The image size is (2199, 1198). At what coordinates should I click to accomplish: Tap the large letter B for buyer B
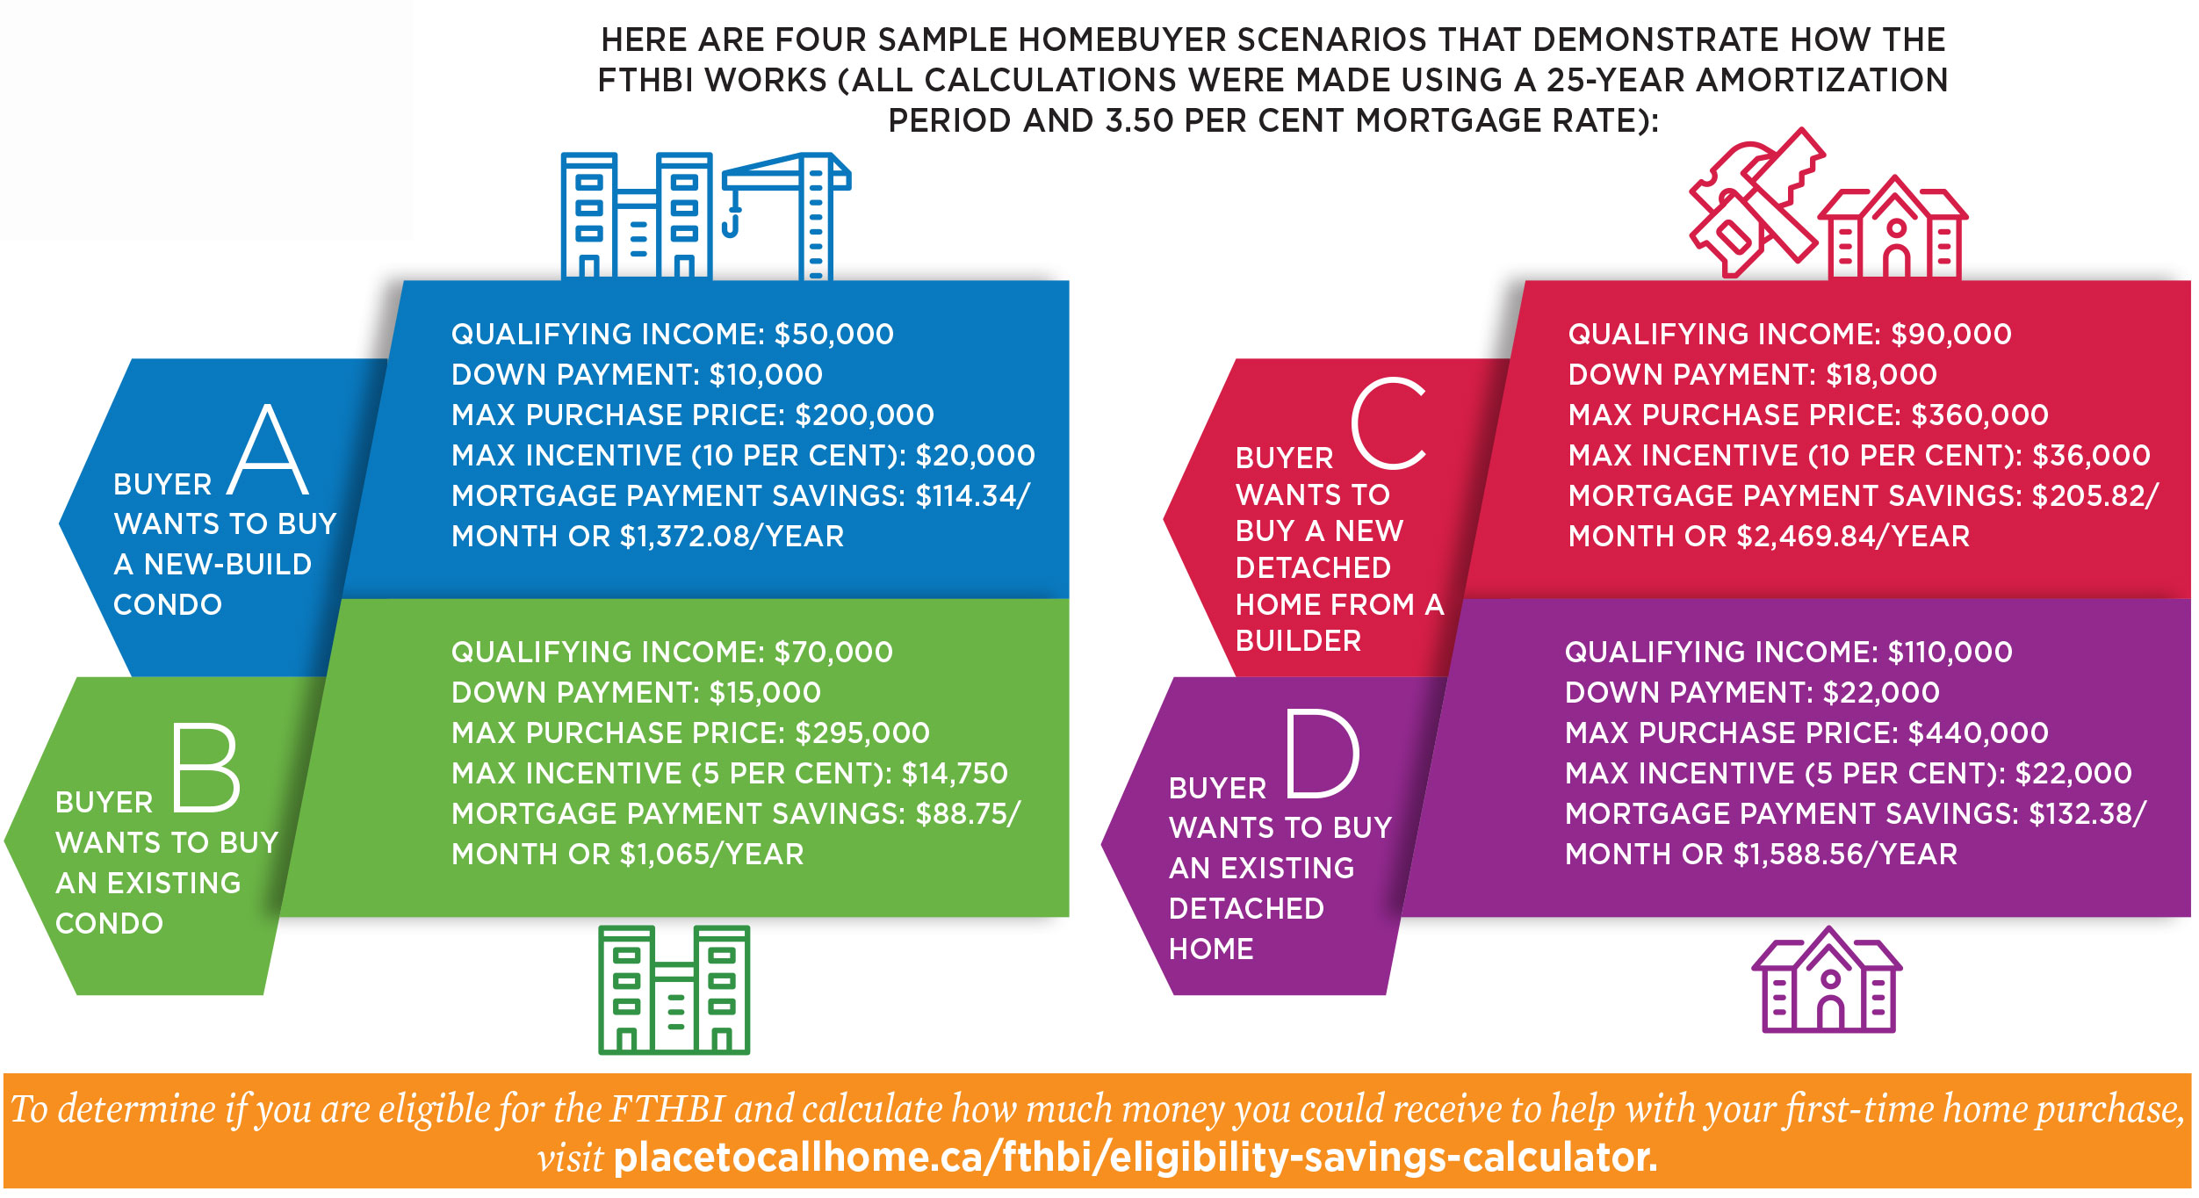click(205, 767)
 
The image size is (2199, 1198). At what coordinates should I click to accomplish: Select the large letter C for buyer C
click(1388, 422)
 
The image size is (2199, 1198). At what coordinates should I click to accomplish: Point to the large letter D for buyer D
click(1323, 754)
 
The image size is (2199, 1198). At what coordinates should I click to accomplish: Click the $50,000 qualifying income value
click(833, 335)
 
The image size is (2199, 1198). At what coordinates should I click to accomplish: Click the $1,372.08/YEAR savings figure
click(732, 537)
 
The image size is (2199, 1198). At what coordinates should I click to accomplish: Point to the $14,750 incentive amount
click(955, 774)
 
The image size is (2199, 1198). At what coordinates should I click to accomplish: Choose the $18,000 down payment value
click(1881, 375)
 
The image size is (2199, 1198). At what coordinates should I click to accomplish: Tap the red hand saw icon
click(1755, 204)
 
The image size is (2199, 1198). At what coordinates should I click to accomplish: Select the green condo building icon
click(674, 990)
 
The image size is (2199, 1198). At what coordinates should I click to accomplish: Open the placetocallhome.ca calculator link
click(1135, 1158)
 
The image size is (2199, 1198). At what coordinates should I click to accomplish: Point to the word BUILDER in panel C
click(1298, 641)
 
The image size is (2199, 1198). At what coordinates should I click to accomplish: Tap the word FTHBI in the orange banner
click(667, 1108)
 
